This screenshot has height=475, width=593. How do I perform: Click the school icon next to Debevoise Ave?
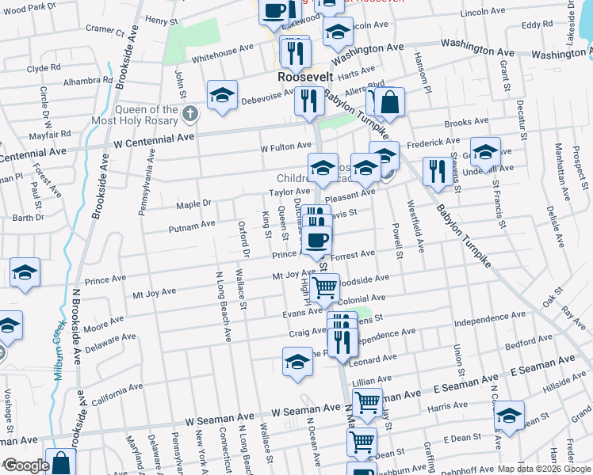point(222,95)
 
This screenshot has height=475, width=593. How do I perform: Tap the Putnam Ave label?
point(191,226)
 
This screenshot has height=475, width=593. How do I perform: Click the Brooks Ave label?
point(466,123)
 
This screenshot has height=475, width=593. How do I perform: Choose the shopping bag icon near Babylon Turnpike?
point(390,102)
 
